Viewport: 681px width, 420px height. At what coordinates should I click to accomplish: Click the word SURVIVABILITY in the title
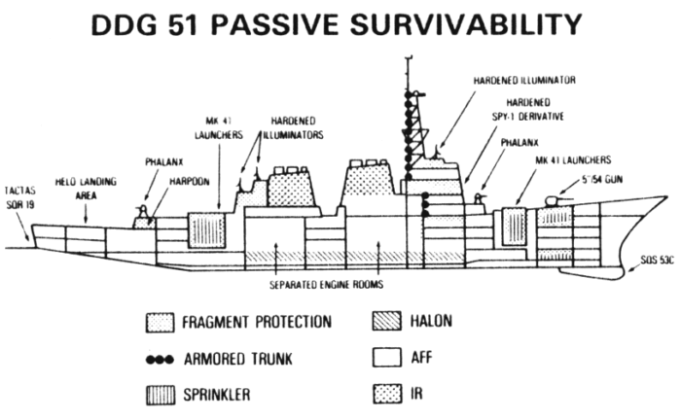tap(466, 24)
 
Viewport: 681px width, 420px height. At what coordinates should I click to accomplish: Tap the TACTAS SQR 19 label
tap(20, 197)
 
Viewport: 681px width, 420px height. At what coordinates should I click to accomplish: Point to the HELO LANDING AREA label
tap(86, 189)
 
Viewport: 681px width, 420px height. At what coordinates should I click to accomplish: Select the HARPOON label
tap(190, 182)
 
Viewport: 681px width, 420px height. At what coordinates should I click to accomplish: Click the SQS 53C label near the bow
tap(657, 260)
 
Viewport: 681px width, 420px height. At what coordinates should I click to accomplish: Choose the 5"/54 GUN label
tap(602, 180)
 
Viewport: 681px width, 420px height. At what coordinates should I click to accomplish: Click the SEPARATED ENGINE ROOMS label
tap(326, 285)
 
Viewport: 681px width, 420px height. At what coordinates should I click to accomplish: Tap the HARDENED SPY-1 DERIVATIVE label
tap(528, 109)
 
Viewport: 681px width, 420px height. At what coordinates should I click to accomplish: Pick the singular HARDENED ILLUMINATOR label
tap(524, 81)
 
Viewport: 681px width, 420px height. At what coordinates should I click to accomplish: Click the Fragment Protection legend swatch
tap(160, 323)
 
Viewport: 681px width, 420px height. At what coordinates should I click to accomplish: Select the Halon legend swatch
tap(386, 321)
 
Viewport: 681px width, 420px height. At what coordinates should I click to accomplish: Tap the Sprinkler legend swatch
tap(161, 395)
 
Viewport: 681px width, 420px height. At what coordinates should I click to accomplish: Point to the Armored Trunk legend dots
tap(160, 360)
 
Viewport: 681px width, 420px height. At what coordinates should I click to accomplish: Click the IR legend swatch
tap(386, 394)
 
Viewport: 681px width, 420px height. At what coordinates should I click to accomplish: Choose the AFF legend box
tap(386, 358)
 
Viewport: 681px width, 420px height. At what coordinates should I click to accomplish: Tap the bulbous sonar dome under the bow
tap(591, 273)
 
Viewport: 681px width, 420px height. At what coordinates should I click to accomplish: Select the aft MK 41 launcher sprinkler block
tap(206, 230)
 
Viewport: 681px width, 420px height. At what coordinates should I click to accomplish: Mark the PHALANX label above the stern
tap(163, 162)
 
